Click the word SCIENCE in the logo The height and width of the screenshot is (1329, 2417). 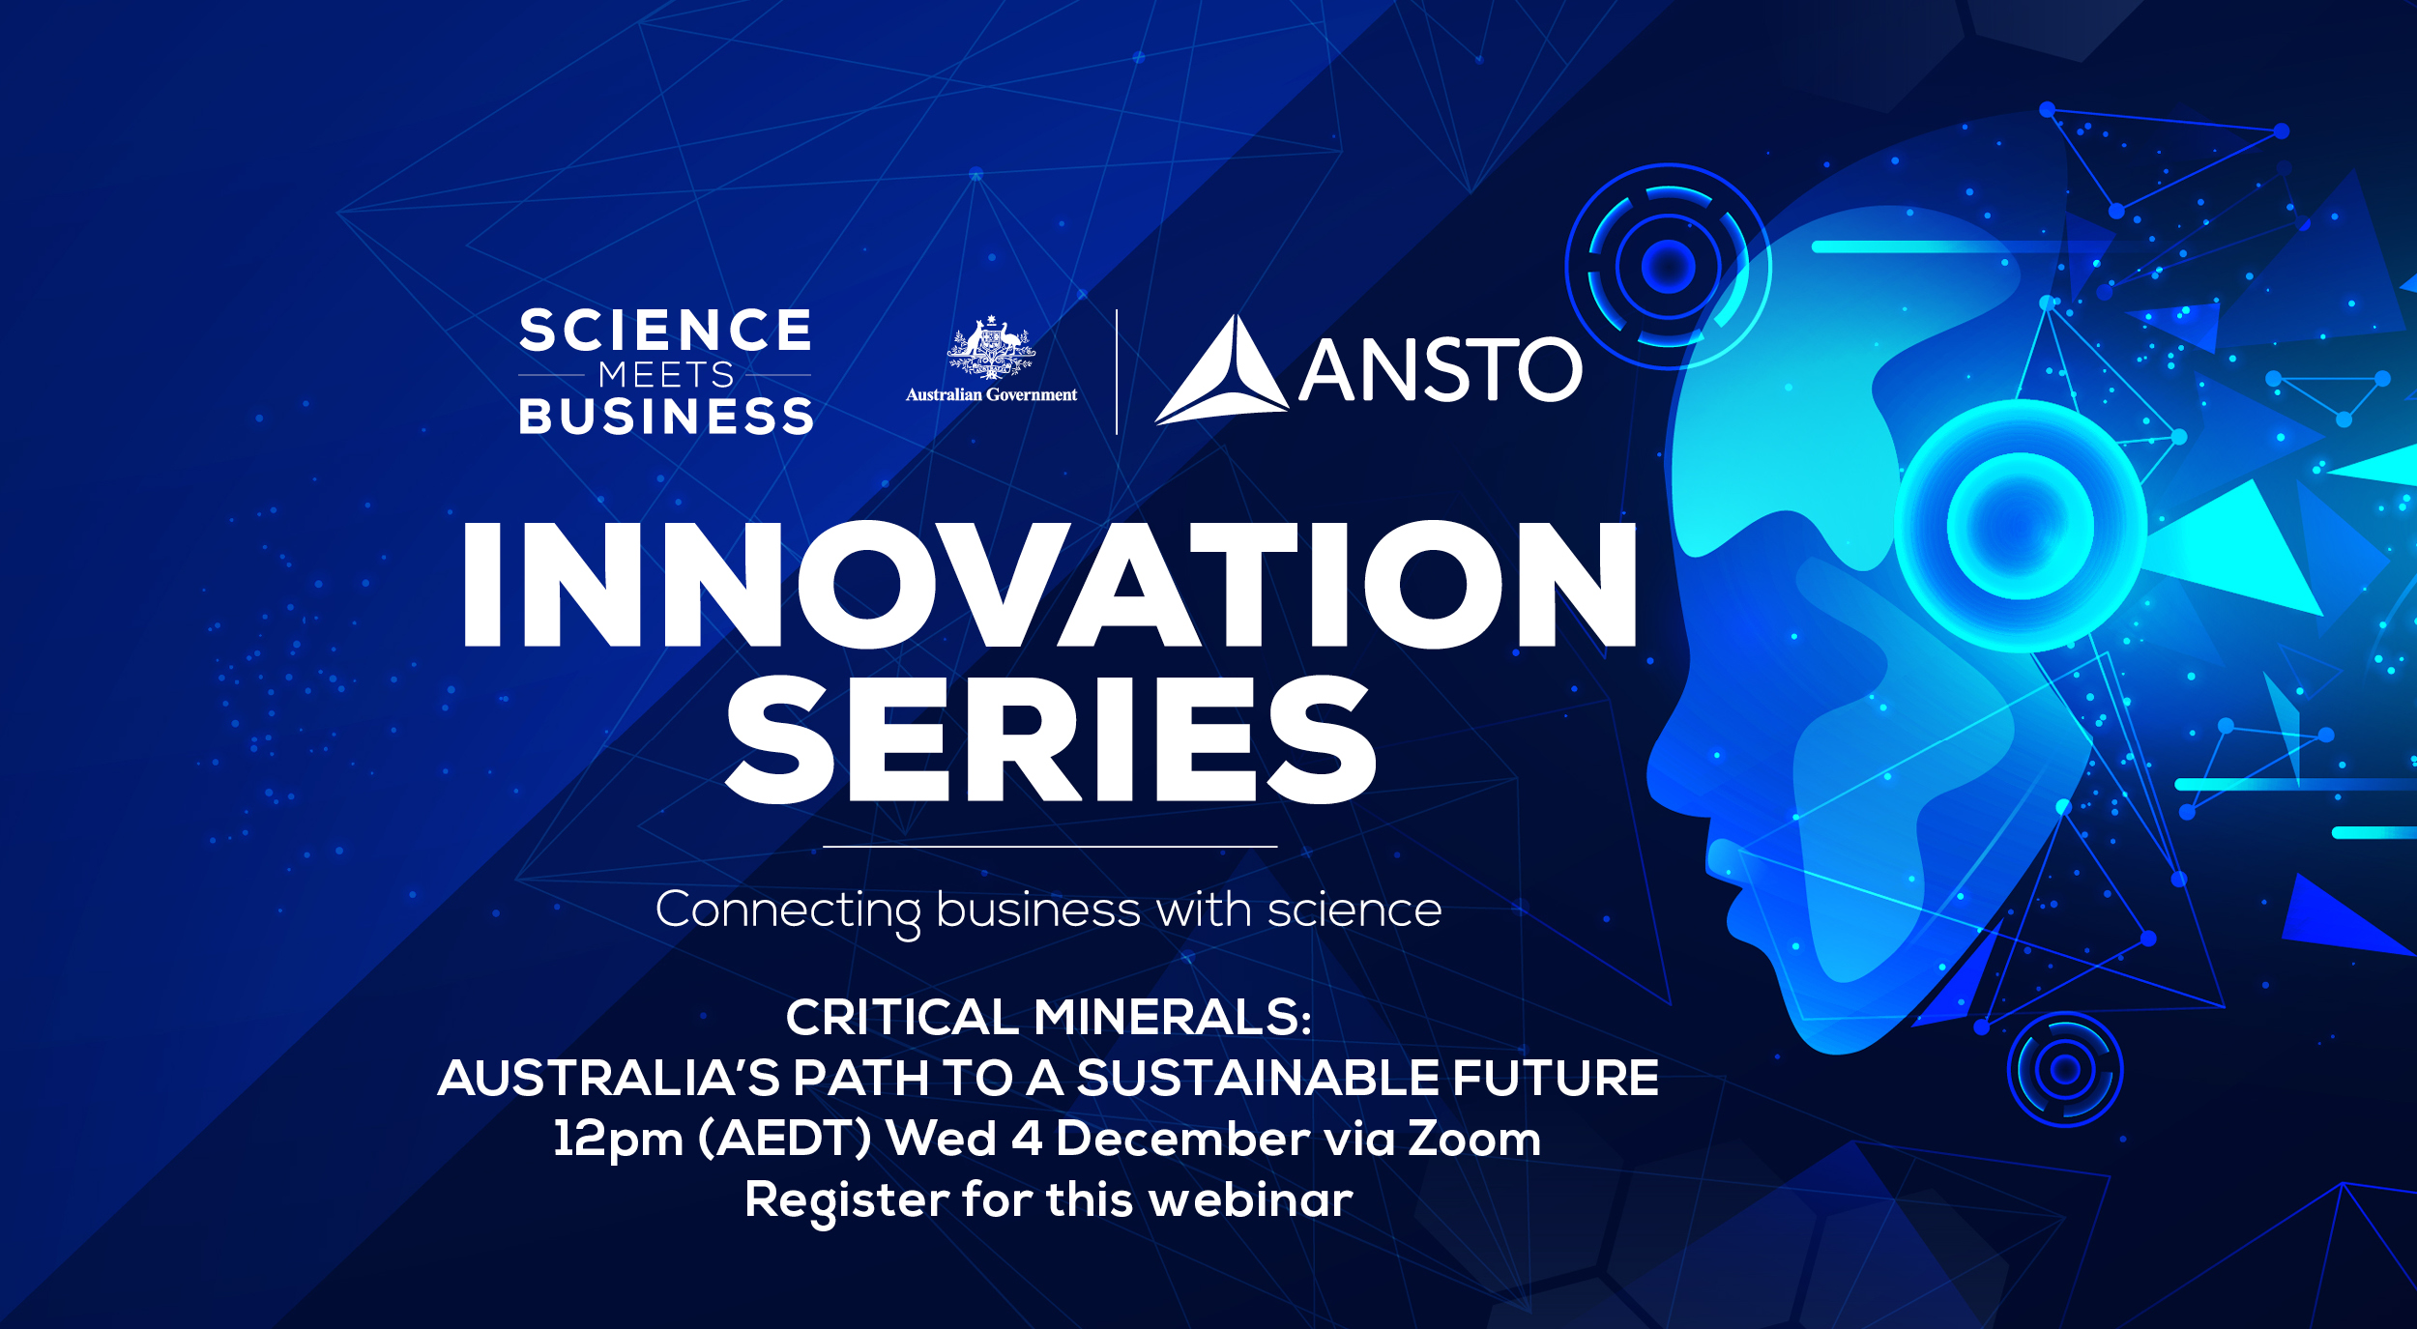tap(665, 331)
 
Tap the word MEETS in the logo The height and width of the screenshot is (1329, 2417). tap(666, 374)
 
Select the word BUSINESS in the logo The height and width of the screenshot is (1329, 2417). tap(666, 417)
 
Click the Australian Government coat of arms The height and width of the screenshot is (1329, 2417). tap(991, 347)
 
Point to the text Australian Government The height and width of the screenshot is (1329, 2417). tap(991, 394)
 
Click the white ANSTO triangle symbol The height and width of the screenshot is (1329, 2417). tap(1222, 370)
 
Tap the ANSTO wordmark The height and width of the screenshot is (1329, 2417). tap(1441, 369)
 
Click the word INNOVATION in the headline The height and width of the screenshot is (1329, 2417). tap(1049, 584)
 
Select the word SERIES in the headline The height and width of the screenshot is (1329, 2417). tap(1050, 739)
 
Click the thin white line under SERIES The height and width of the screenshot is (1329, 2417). tap(1050, 847)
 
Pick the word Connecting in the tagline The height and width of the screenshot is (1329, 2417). tap(789, 911)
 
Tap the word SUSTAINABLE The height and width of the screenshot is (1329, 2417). tap(1258, 1078)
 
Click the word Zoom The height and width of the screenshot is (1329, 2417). tap(1474, 1139)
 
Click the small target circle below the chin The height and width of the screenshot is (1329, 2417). tap(2065, 1070)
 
